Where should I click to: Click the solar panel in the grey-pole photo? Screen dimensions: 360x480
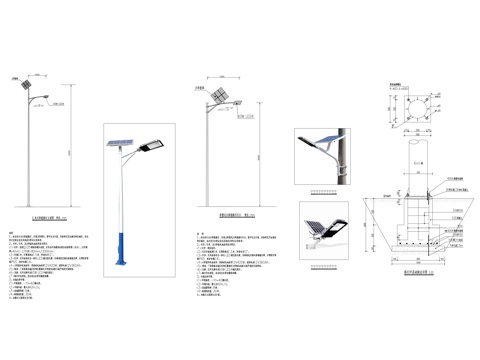[x=318, y=138]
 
